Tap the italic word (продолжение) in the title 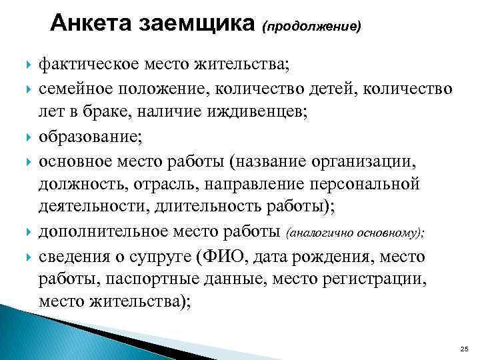pyautogui.click(x=313, y=26)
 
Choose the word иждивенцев pyautogui.click(x=260, y=113)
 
